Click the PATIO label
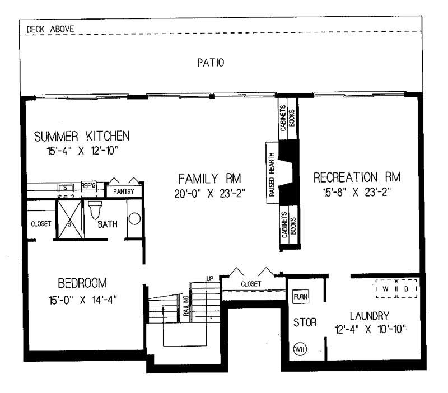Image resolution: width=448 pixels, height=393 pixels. tap(211, 63)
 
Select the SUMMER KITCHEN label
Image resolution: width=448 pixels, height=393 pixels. tap(82, 136)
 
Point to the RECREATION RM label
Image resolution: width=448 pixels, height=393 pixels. tap(357, 178)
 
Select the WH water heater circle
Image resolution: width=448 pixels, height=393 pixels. tap(300, 348)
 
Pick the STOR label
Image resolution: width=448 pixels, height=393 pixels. tap(305, 322)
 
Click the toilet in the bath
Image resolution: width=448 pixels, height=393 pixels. tap(94, 209)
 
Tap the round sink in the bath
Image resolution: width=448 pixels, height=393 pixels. tap(134, 219)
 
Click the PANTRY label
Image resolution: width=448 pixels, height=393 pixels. tap(124, 191)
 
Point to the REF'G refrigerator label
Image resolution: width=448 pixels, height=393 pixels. tap(89, 185)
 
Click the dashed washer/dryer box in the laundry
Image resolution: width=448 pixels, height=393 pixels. tap(397, 288)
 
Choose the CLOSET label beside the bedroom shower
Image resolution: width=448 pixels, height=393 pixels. tap(41, 223)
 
